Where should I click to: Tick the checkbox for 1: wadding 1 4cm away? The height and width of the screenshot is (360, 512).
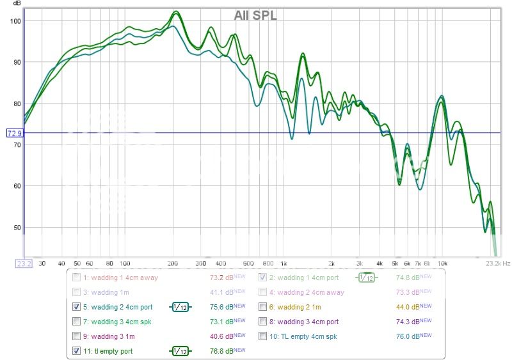[77, 278]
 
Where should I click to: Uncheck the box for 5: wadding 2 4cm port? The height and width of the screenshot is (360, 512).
[77, 306]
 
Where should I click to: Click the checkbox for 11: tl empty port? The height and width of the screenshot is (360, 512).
[77, 350]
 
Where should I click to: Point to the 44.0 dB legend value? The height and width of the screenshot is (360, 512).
[407, 306]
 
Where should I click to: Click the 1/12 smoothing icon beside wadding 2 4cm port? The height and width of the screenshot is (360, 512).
[180, 306]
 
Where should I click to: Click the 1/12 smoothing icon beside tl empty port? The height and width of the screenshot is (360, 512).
[180, 350]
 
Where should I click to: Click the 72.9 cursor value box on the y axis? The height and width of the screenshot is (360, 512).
[14, 133]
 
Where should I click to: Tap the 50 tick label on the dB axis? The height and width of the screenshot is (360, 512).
[17, 227]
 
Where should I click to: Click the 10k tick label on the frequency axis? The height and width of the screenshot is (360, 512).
[442, 263]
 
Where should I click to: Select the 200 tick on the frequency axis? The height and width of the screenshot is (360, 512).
[173, 263]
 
